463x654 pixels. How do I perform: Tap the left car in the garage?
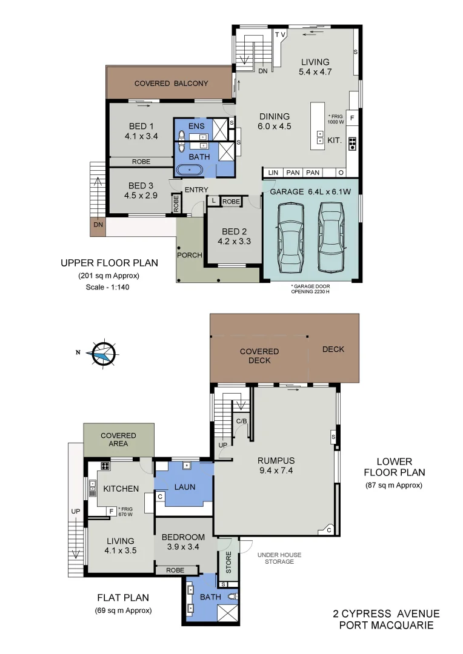[x=290, y=237]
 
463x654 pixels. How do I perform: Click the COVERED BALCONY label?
[x=171, y=84]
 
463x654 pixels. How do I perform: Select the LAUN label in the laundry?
[x=184, y=486]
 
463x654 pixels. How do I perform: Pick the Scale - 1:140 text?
[x=108, y=288]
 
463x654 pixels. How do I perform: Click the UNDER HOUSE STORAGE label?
[x=279, y=558]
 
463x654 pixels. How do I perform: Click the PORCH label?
[x=190, y=255]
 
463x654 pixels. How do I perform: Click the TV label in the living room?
[x=281, y=35]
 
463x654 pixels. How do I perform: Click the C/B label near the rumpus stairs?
[x=241, y=420]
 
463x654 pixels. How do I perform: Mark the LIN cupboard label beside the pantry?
[x=273, y=173]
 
